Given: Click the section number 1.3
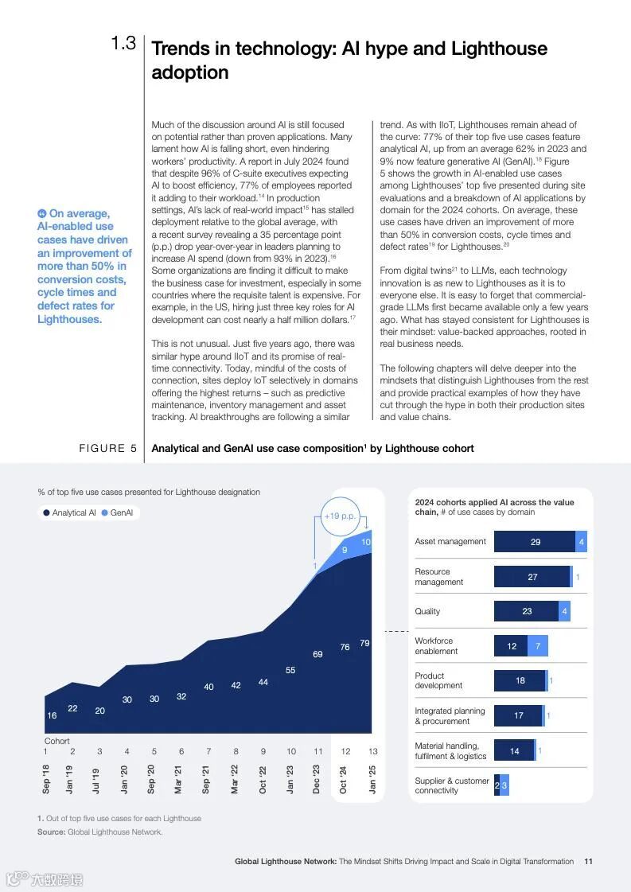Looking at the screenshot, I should pyautogui.click(x=123, y=44).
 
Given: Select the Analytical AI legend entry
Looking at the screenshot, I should pyautogui.click(x=69, y=513).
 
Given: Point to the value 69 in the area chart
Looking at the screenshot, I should pyautogui.click(x=317, y=654).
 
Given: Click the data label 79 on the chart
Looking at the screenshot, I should pyautogui.click(x=364, y=643).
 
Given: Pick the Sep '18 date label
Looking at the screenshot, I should pyautogui.click(x=46, y=779).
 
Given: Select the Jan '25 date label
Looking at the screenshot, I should pyautogui.click(x=372, y=779).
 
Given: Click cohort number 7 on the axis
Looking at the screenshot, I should pyautogui.click(x=208, y=751).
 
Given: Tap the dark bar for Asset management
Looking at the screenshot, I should pyautogui.click(x=535, y=542).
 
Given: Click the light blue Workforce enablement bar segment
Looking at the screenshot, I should pyautogui.click(x=538, y=646).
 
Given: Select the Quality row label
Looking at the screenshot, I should pyautogui.click(x=427, y=611).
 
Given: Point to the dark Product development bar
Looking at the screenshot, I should pyautogui.click(x=520, y=681).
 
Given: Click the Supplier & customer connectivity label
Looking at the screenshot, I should pyautogui.click(x=451, y=785).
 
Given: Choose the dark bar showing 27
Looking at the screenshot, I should pyautogui.click(x=532, y=577).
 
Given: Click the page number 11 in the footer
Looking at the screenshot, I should pyautogui.click(x=588, y=861).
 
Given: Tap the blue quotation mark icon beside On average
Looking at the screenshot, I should pyautogui.click(x=42, y=213).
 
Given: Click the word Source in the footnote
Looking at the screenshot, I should pyautogui.click(x=50, y=832).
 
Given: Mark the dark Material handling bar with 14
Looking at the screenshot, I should pyautogui.click(x=514, y=751).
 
